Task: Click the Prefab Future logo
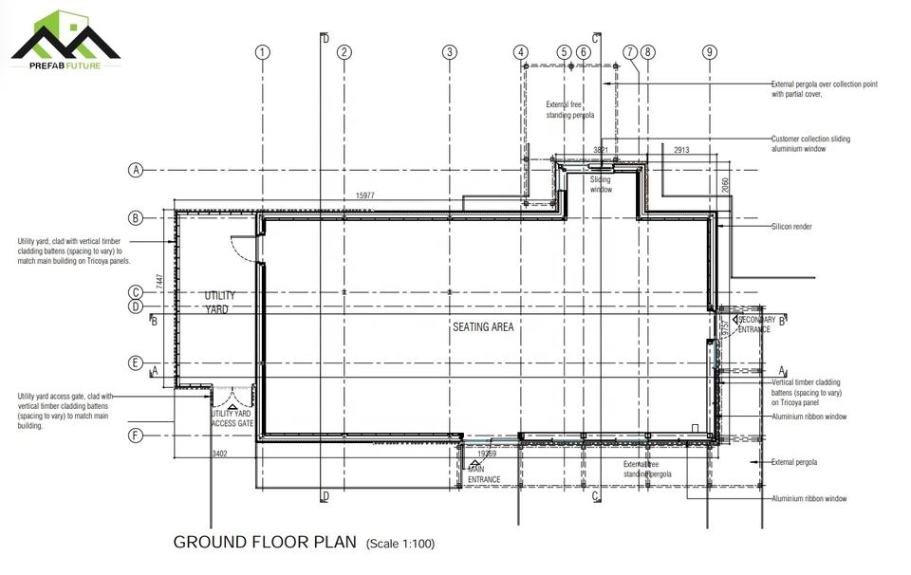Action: click(x=65, y=39)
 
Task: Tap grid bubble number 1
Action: click(x=264, y=52)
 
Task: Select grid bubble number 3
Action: click(x=450, y=52)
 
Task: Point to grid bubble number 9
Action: click(x=710, y=52)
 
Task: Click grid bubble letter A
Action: click(x=136, y=171)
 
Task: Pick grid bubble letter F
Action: click(x=136, y=436)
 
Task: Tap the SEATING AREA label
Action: click(x=483, y=327)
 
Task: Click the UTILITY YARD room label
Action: click(x=220, y=303)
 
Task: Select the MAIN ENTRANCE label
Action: click(x=484, y=474)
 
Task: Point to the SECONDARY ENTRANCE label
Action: click(x=755, y=325)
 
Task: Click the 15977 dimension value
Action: click(x=365, y=196)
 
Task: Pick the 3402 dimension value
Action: click(x=219, y=454)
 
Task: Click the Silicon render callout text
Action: click(x=791, y=228)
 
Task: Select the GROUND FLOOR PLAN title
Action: click(x=265, y=543)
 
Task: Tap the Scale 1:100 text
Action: click(x=400, y=545)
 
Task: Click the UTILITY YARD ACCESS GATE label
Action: click(x=232, y=418)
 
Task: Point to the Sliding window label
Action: click(x=601, y=184)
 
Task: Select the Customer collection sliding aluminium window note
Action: click(x=810, y=143)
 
